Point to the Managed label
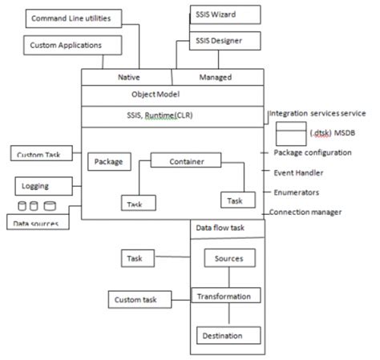(215, 77)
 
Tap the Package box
(108, 161)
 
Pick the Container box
(185, 161)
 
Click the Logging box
(37, 186)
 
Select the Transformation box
(225, 297)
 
